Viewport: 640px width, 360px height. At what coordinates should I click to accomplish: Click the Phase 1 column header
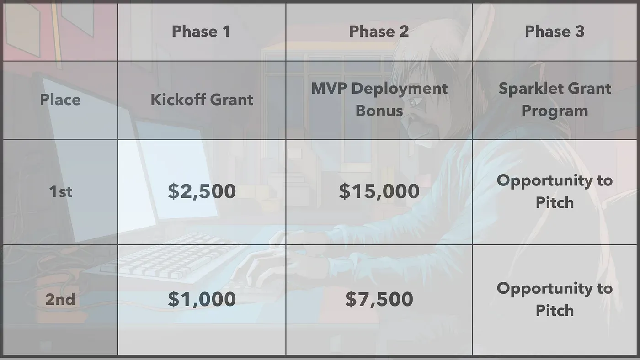point(201,32)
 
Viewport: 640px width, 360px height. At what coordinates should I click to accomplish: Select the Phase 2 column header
point(379,32)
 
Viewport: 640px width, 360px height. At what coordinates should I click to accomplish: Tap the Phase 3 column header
point(555,32)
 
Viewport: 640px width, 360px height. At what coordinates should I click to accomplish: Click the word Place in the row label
point(60,100)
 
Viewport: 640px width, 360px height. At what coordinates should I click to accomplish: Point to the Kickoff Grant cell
point(202,100)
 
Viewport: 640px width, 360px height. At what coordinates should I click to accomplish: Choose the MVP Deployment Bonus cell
point(379,100)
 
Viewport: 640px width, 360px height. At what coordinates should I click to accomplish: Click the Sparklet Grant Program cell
point(555,100)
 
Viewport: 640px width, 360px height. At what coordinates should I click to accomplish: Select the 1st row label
point(60,191)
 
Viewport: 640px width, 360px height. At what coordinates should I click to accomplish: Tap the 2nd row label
point(60,299)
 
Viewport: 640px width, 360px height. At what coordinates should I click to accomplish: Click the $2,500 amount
point(202,191)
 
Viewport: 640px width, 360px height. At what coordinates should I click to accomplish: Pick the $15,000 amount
point(379,191)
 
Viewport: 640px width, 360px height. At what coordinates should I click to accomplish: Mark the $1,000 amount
point(202,299)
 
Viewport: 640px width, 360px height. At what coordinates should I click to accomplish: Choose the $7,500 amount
point(379,299)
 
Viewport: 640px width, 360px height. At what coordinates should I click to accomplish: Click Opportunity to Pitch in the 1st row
point(555,191)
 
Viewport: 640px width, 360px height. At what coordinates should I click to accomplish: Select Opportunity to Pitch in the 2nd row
point(555,299)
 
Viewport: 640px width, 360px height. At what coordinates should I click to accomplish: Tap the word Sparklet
point(524,89)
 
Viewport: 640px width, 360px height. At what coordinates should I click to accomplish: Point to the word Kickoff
point(176,100)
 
